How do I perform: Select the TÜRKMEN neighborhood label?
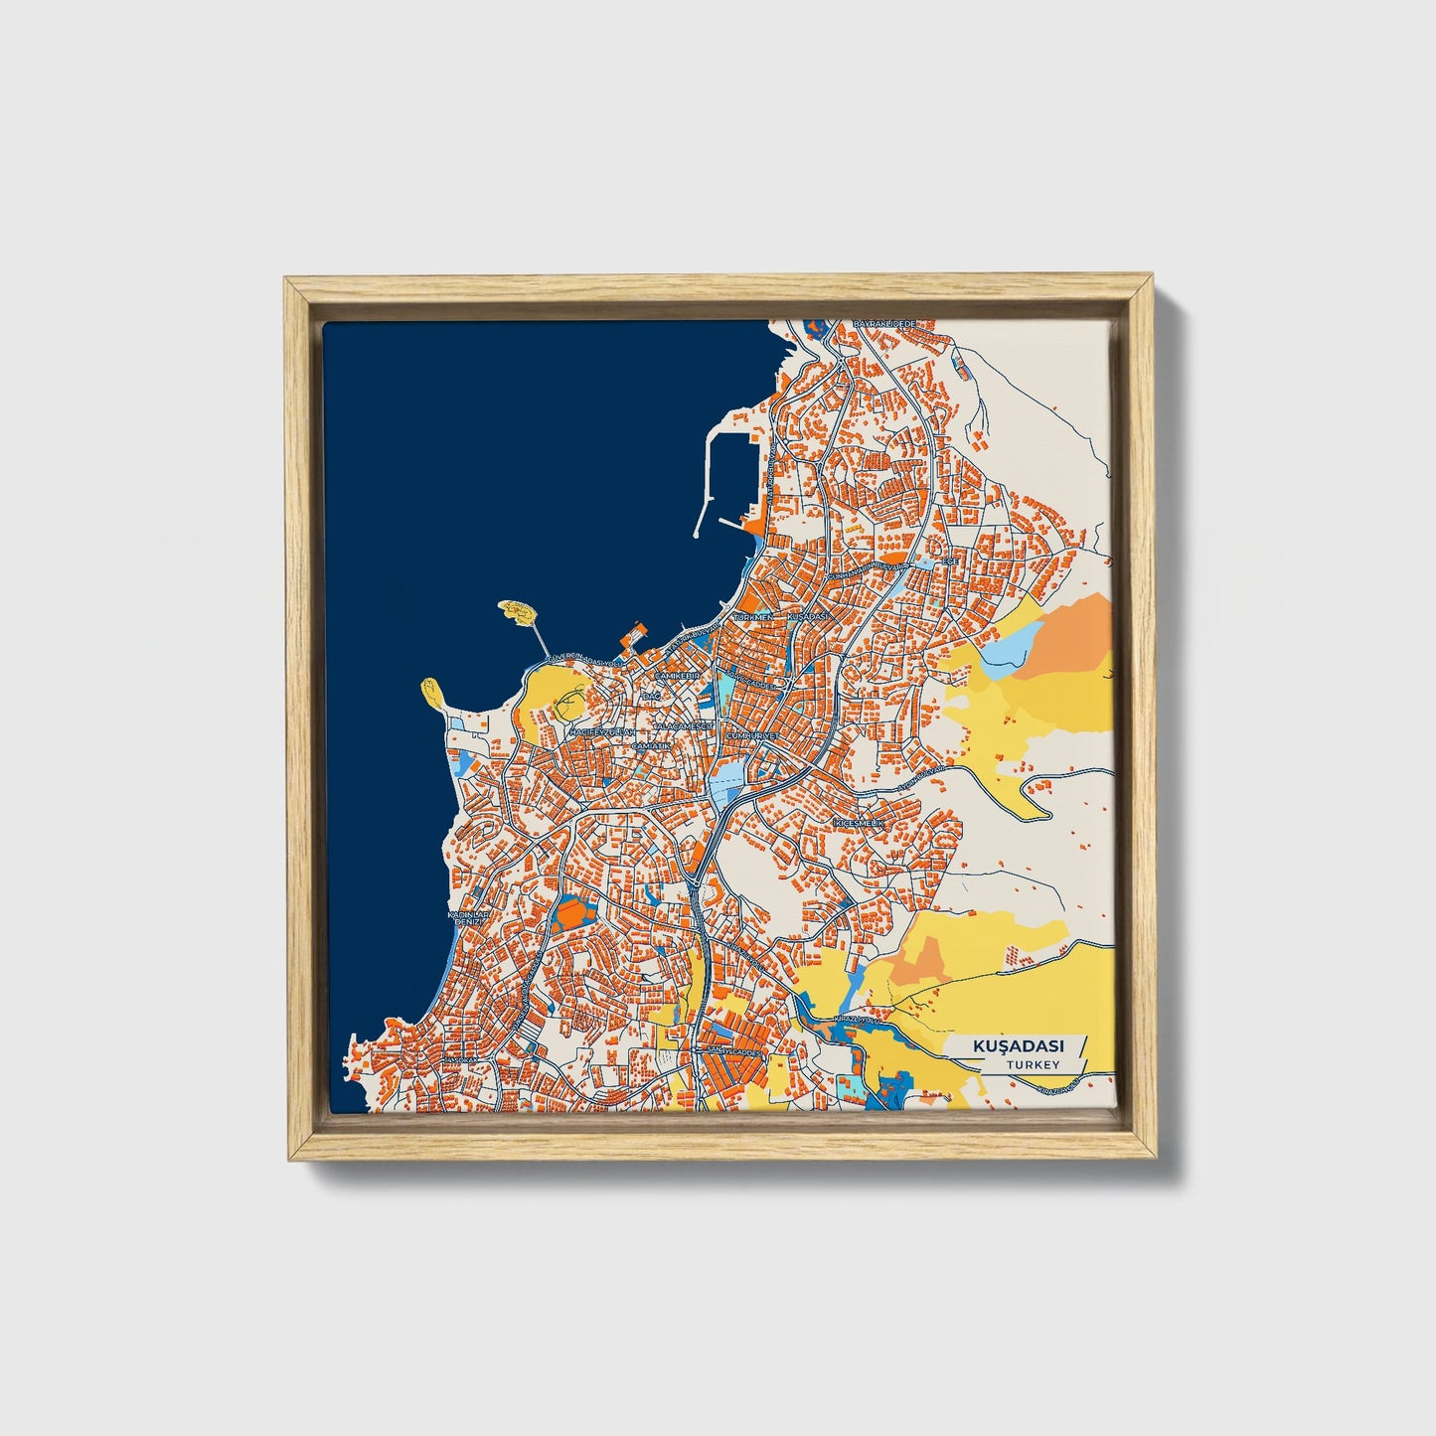752,617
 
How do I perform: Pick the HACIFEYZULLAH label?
599,731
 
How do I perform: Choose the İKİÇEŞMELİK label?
857,824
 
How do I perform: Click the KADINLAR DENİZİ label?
465,917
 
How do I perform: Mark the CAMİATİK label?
653,744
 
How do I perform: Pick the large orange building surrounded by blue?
570,909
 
